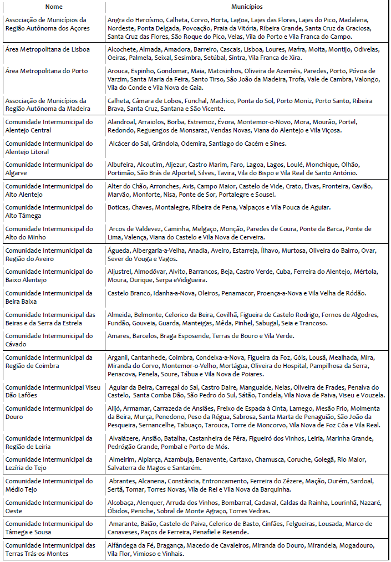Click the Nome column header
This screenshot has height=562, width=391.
(x=53, y=7)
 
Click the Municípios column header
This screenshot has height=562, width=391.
(x=247, y=7)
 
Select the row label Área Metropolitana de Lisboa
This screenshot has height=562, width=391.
(x=47, y=49)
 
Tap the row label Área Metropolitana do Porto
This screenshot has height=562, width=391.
(x=47, y=71)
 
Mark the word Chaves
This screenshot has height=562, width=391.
(x=143, y=207)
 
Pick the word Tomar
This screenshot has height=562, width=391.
(x=135, y=489)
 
